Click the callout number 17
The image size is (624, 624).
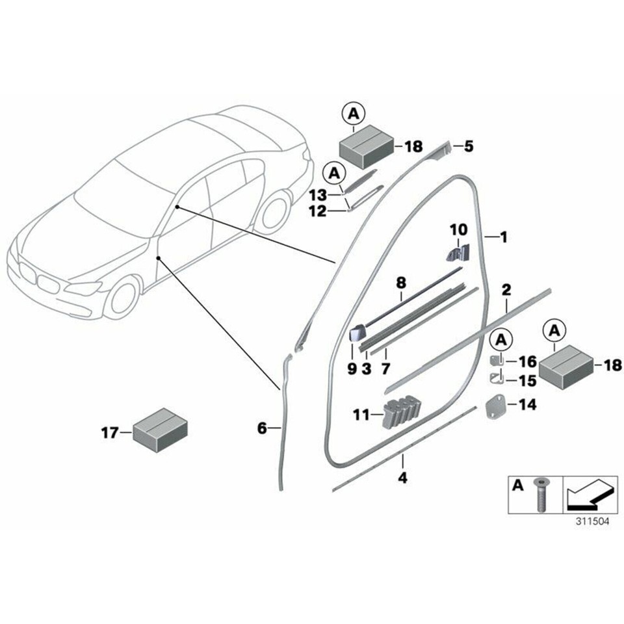pyautogui.click(x=109, y=431)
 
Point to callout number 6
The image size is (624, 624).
pyautogui.click(x=263, y=428)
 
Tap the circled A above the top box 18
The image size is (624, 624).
pyautogui.click(x=353, y=114)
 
